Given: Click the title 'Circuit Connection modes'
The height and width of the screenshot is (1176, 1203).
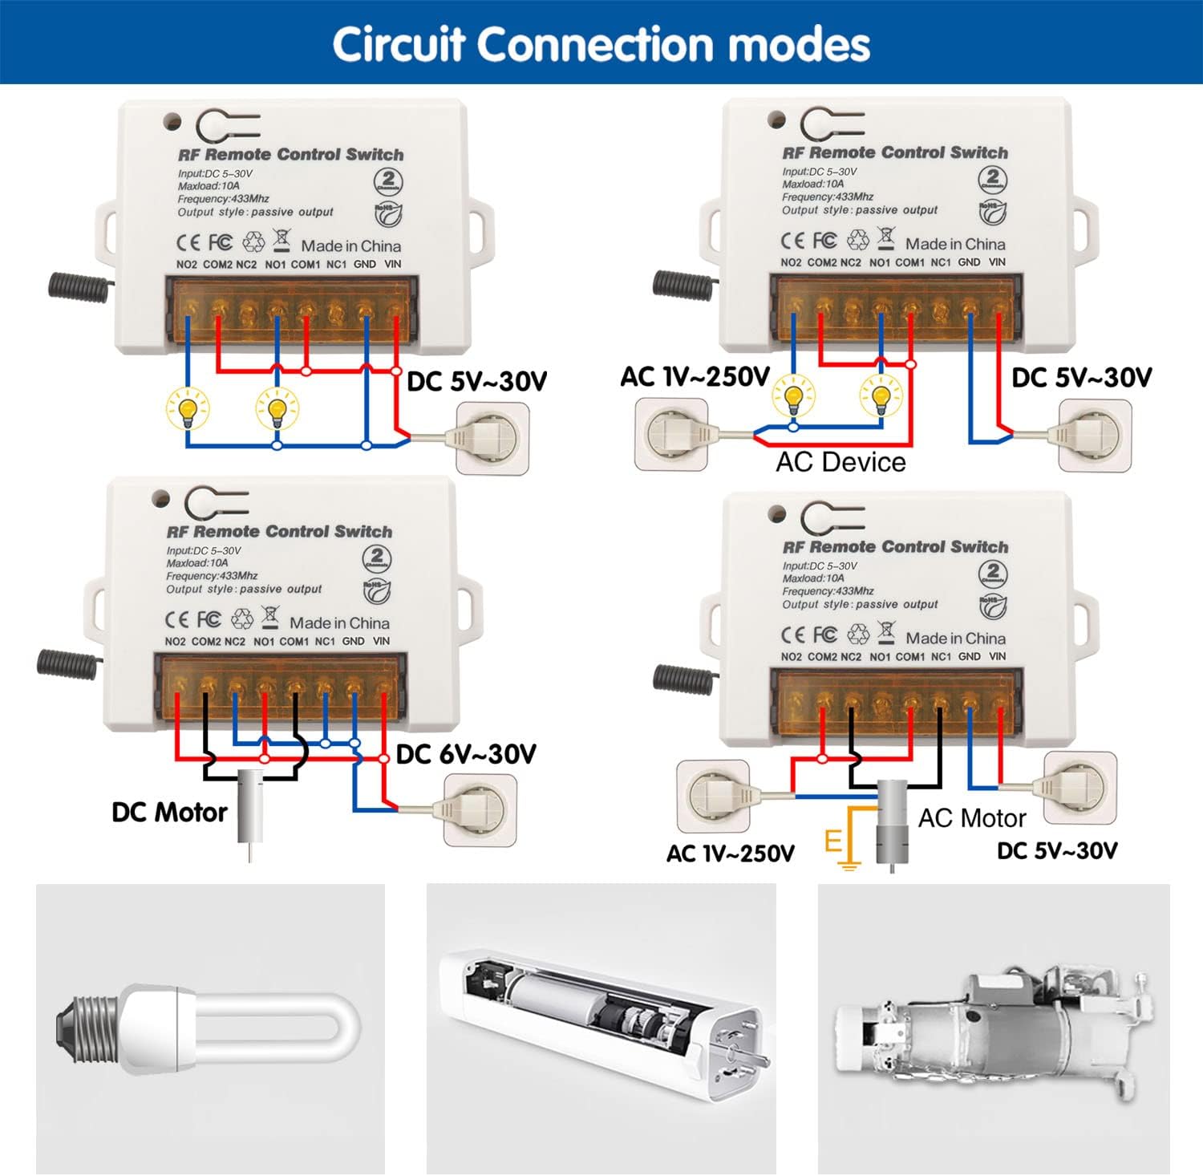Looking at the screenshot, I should (601, 44).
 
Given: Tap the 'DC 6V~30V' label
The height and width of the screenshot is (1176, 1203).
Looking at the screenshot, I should (466, 754).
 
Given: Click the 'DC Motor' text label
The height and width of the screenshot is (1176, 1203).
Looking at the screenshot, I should (169, 813).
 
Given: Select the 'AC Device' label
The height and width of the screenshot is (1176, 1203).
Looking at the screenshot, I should (840, 462).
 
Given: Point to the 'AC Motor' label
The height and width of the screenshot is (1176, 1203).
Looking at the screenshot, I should (971, 818).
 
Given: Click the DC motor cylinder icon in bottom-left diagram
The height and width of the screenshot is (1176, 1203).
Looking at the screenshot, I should (250, 807).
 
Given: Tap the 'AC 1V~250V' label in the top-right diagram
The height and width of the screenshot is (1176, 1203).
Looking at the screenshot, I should (695, 377).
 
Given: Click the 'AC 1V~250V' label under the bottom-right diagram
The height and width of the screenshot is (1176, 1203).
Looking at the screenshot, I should (730, 854).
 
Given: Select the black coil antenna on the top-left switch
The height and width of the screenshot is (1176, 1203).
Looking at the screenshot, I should (78, 287).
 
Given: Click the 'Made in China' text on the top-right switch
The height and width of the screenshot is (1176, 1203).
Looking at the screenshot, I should (954, 244).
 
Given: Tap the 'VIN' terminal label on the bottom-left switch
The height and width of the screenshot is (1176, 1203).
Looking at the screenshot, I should (381, 642).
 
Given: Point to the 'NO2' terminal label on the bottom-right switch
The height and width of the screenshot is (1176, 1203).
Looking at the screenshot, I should (791, 657).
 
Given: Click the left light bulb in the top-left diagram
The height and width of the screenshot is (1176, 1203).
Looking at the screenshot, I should (188, 408).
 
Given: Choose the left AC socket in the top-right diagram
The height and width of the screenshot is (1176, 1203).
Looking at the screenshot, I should (671, 434).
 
